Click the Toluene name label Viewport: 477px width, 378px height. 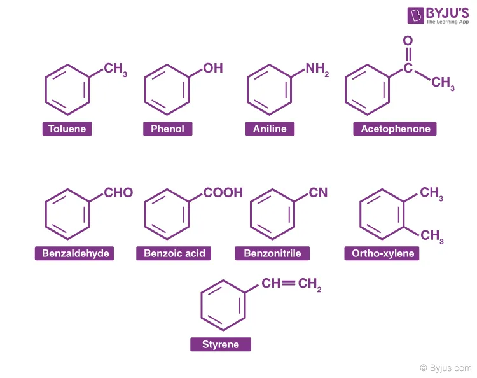[x=67, y=129]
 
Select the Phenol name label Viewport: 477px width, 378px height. [x=168, y=129]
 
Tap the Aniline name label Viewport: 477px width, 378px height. [x=270, y=129]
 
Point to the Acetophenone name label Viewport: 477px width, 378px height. [x=395, y=129]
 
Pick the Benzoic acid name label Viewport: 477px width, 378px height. [x=174, y=253]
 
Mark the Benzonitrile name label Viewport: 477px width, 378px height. [x=272, y=253]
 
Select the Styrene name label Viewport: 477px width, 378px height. [x=221, y=344]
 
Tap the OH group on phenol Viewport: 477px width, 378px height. [x=212, y=69]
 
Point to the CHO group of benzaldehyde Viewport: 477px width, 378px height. [x=118, y=193]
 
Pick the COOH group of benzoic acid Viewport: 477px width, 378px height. [x=223, y=193]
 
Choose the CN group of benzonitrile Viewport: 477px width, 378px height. [x=318, y=193]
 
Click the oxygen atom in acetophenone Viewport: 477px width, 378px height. [x=408, y=40]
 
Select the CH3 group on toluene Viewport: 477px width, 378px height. [x=115, y=69]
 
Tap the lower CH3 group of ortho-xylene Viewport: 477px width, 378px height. [x=432, y=236]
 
